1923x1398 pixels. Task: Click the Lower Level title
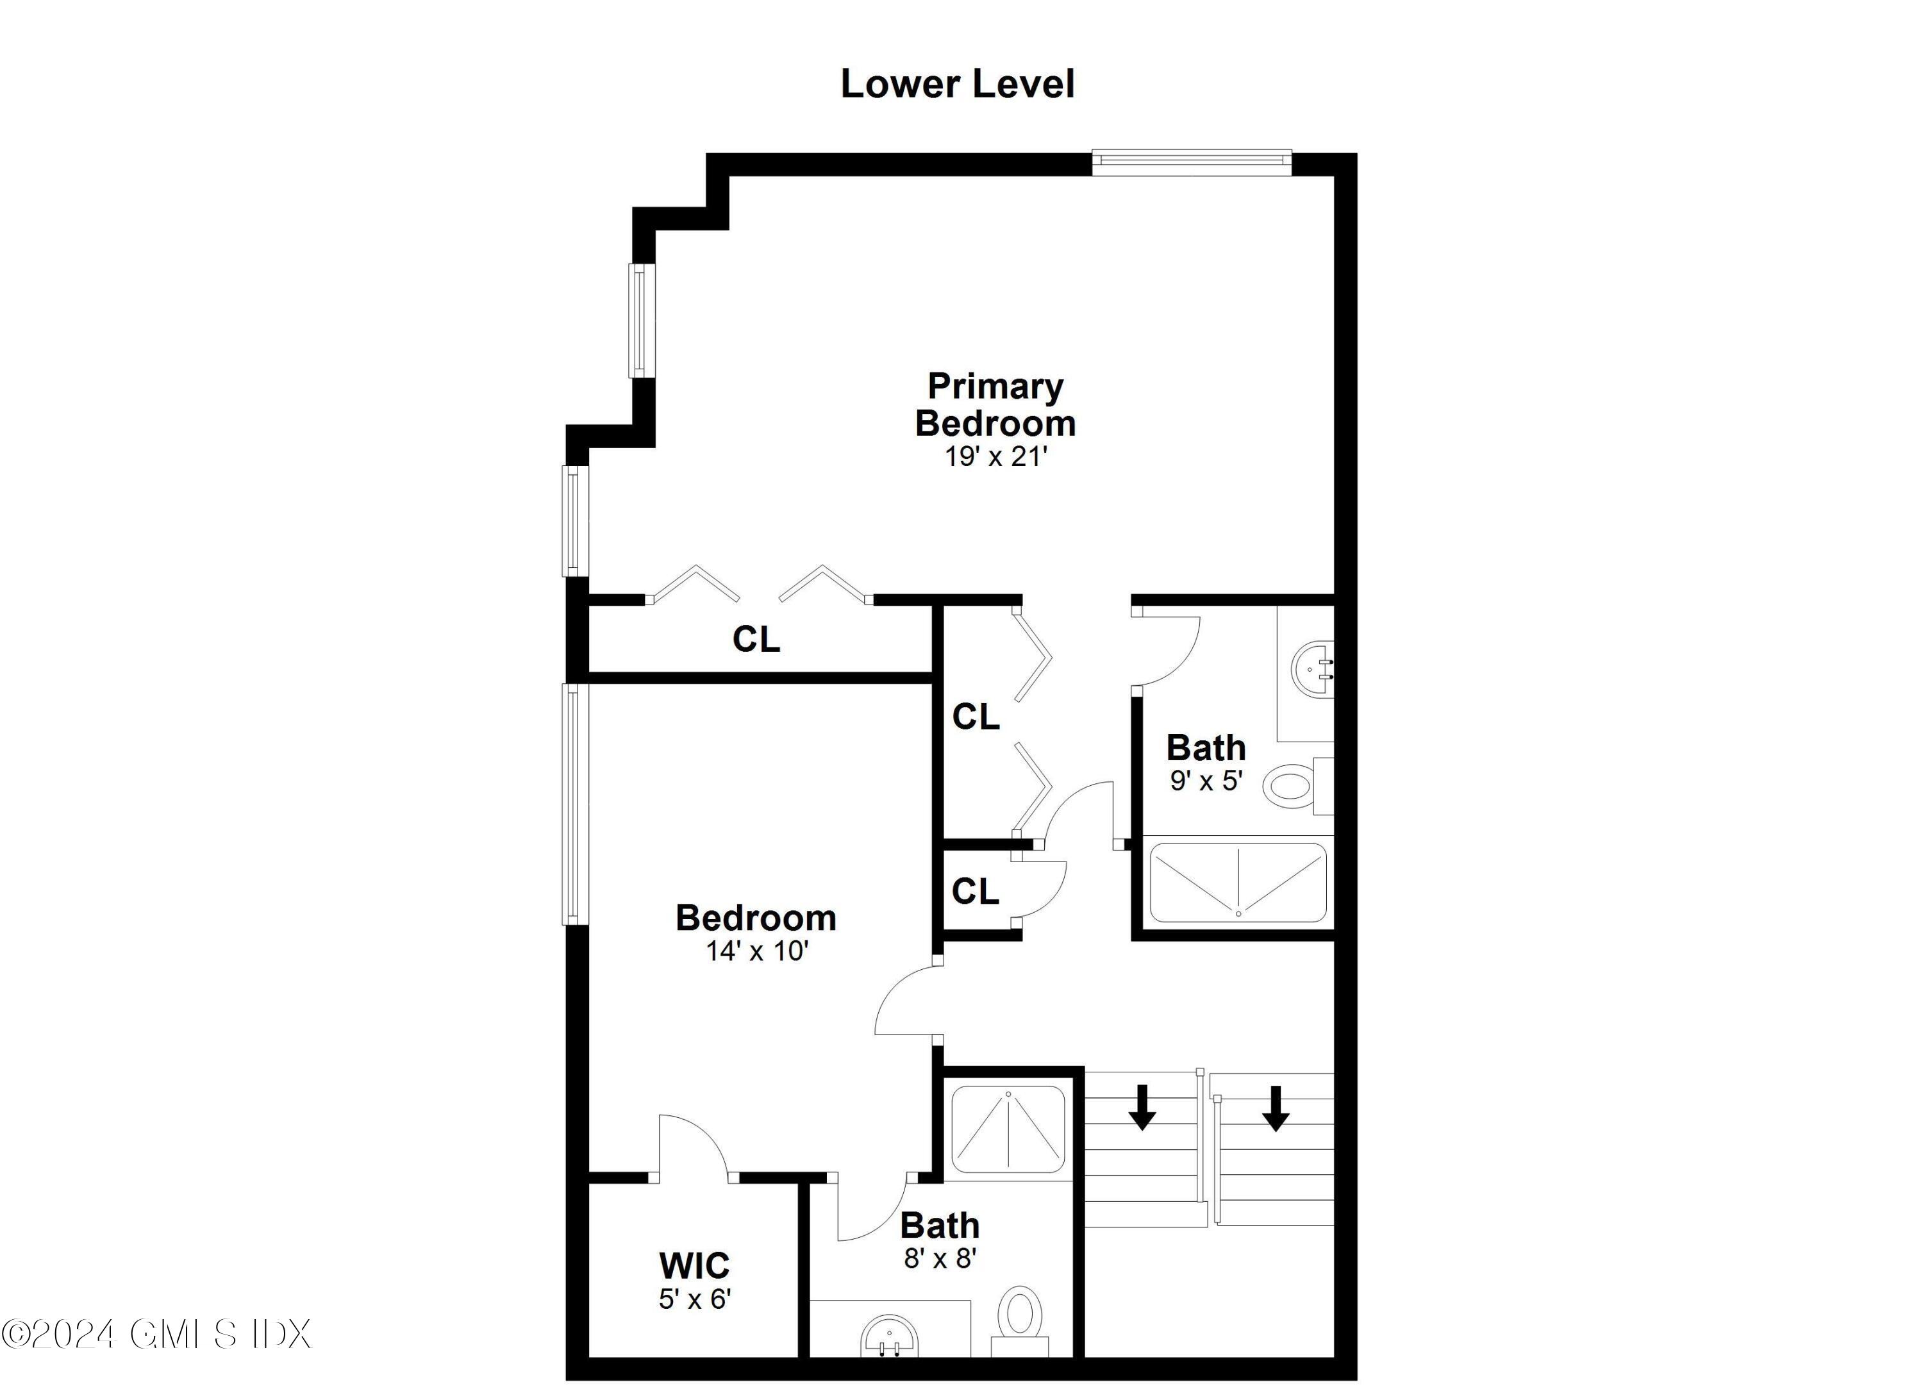tap(957, 84)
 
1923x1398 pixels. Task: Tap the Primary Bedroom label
tap(995, 404)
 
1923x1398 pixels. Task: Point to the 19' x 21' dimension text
tap(995, 457)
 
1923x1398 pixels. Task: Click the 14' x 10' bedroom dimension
tap(756, 951)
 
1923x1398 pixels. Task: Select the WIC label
tap(694, 1266)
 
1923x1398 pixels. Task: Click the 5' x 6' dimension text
tap(694, 1299)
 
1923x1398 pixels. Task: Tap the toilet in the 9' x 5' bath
tap(1293, 785)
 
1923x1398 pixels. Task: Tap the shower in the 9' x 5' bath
tap(1237, 883)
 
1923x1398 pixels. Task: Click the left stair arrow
tap(1142, 1106)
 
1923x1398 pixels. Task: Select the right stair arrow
tap(1274, 1107)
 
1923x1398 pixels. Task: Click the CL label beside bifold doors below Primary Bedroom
tap(756, 639)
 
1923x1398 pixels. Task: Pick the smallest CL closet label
tap(975, 891)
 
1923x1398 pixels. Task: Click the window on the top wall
tap(1190, 163)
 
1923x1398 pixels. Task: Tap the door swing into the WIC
tap(693, 1145)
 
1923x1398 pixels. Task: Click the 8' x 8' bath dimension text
tap(940, 1258)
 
